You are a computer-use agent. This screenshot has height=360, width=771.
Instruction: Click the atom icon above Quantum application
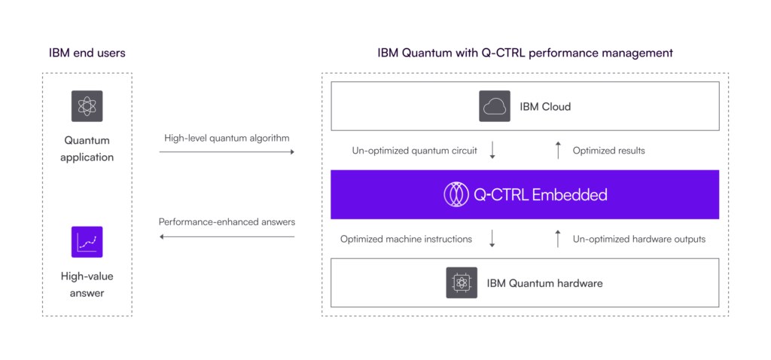tap(87, 106)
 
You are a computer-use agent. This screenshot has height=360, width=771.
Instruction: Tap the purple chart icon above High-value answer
tap(87, 242)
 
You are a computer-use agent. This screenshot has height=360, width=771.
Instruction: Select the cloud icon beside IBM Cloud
tap(494, 106)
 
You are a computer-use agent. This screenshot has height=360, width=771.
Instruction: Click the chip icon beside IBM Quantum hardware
tap(461, 282)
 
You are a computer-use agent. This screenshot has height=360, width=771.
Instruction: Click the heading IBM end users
tap(87, 53)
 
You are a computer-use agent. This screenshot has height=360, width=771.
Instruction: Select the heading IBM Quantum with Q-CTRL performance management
tap(525, 53)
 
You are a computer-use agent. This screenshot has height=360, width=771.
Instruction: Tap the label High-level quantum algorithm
tap(226, 138)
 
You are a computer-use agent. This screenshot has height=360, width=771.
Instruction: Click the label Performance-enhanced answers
tap(226, 222)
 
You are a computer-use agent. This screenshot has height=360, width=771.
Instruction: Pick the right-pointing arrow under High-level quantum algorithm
tap(226, 152)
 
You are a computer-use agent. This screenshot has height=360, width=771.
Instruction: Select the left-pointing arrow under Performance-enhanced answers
tap(226, 236)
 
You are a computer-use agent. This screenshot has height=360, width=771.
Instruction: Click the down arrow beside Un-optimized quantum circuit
tap(492, 151)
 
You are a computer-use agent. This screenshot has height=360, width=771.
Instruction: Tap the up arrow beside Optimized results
tap(558, 151)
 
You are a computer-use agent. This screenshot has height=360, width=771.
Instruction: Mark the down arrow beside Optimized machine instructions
tap(492, 239)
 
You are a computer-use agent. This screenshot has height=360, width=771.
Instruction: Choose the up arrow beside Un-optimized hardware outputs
tap(558, 239)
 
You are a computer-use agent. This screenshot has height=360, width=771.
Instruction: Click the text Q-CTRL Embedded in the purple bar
tap(540, 195)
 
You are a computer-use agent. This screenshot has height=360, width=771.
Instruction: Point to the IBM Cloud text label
tap(545, 107)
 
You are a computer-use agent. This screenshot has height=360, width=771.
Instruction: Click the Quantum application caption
tap(88, 148)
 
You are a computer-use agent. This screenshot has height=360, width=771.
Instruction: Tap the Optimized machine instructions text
tap(406, 239)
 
